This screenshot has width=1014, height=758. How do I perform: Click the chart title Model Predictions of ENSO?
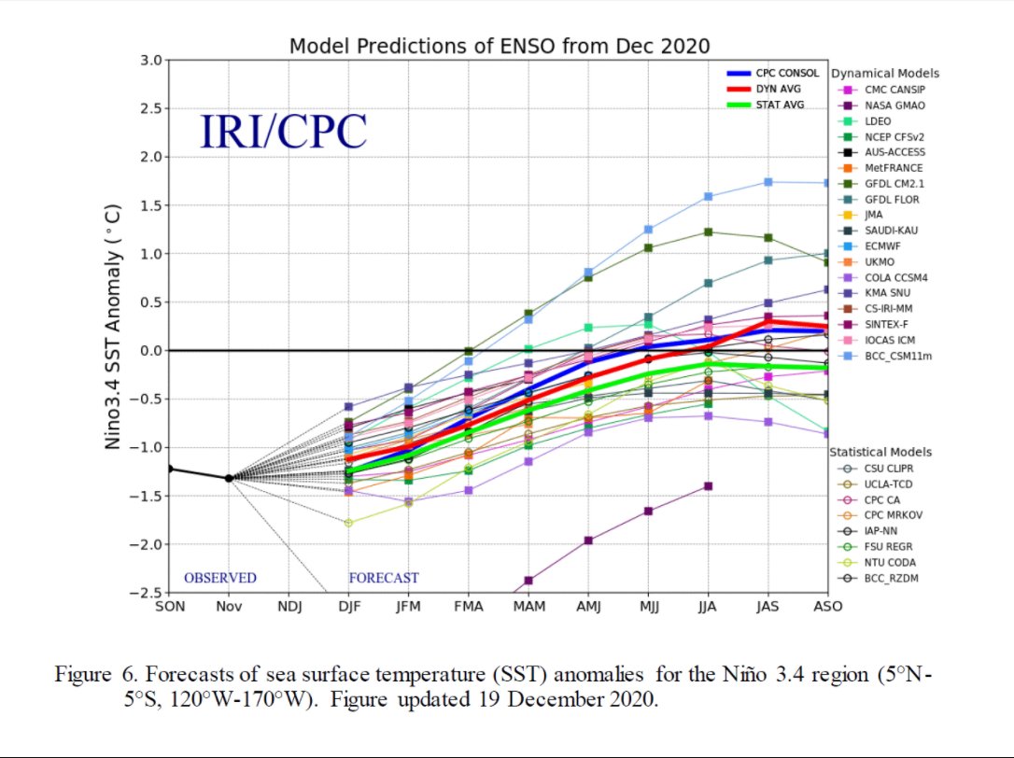coord(499,46)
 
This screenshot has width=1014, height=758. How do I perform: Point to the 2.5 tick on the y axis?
coord(151,108)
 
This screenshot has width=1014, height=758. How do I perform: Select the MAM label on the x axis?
coord(528,607)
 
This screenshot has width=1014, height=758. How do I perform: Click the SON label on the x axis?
coord(169,607)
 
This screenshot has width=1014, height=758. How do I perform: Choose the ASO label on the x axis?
coord(827,607)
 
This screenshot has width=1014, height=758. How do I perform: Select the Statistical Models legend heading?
coord(880,452)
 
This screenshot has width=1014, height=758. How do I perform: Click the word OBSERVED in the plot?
coord(219,578)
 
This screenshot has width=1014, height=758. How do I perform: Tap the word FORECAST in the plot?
coord(384,578)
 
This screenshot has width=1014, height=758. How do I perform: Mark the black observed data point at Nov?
coord(229,478)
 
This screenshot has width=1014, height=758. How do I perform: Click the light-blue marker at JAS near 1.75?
coord(768,182)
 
